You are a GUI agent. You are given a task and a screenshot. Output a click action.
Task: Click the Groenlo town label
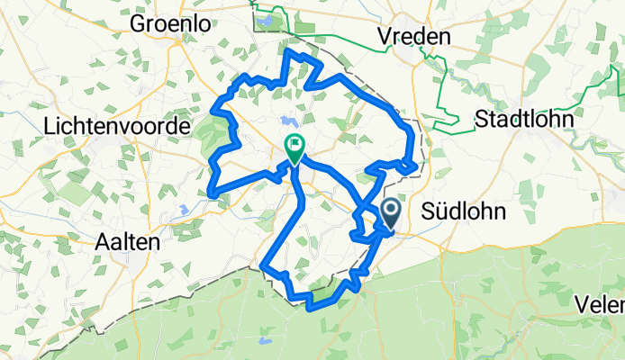172,24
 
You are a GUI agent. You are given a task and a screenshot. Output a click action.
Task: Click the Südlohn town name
461,211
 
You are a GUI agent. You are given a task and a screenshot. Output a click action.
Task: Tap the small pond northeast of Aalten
183,209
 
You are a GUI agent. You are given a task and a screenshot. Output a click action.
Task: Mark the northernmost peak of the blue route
288,51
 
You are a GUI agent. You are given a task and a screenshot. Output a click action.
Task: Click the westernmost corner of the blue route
210,192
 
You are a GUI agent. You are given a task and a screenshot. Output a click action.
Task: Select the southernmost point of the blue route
311,308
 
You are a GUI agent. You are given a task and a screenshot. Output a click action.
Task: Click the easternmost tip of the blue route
416,166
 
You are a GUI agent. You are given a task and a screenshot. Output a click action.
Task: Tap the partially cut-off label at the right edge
603,303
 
